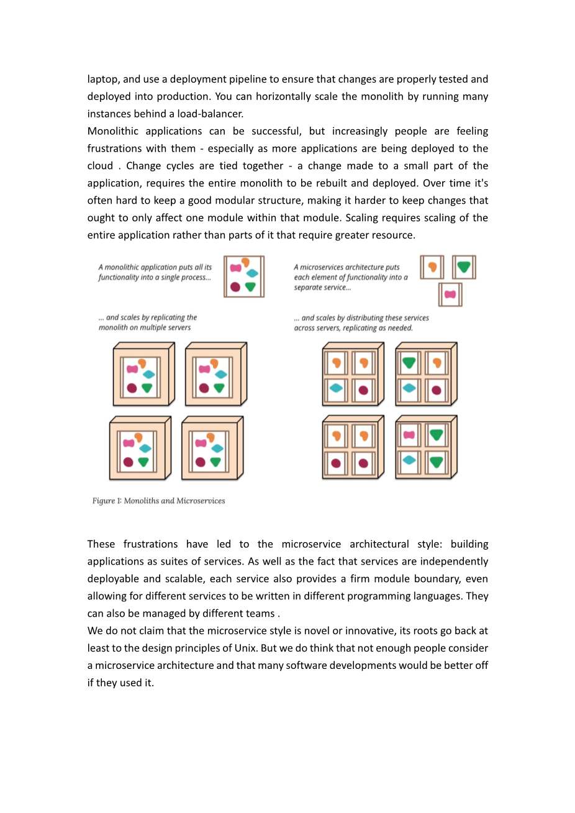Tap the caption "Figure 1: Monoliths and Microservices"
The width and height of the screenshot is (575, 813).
tap(158, 501)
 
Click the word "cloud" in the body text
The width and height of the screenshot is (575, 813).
tap(100, 166)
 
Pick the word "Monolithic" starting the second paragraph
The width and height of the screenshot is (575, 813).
tap(113, 131)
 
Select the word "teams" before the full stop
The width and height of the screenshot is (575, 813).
tap(261, 613)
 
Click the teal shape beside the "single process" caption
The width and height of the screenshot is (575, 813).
tap(252, 273)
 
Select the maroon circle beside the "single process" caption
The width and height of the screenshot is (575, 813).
tap(235, 287)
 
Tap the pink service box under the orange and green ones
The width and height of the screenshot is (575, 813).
tap(450, 294)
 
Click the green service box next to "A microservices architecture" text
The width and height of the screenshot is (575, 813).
tap(464, 267)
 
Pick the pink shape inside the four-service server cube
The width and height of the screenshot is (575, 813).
tap(409, 435)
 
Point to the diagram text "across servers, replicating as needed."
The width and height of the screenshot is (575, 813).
tap(353, 328)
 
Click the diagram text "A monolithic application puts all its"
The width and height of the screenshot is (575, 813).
tap(155, 267)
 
